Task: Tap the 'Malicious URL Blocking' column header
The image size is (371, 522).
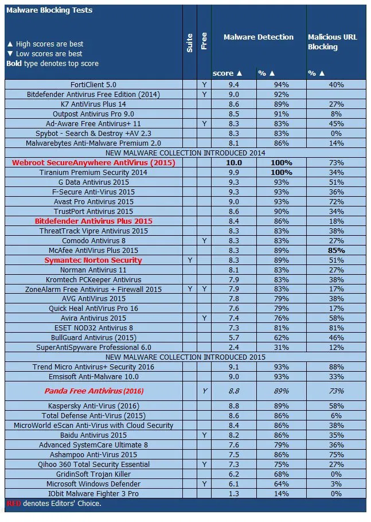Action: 333,42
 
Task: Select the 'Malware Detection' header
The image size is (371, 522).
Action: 258,37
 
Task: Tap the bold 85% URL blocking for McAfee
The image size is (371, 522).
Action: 337,250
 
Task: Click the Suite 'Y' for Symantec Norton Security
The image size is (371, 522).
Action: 190,260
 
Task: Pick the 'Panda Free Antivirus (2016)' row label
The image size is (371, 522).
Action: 94,391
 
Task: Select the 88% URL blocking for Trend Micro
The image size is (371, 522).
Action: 337,367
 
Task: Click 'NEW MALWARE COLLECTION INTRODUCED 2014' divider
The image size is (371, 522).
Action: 185,153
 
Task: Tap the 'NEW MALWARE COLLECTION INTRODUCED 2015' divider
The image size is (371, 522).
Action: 185,357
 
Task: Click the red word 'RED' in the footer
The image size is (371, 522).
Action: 14,504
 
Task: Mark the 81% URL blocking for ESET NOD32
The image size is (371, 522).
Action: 337,328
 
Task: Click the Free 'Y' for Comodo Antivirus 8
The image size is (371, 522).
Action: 204,240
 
